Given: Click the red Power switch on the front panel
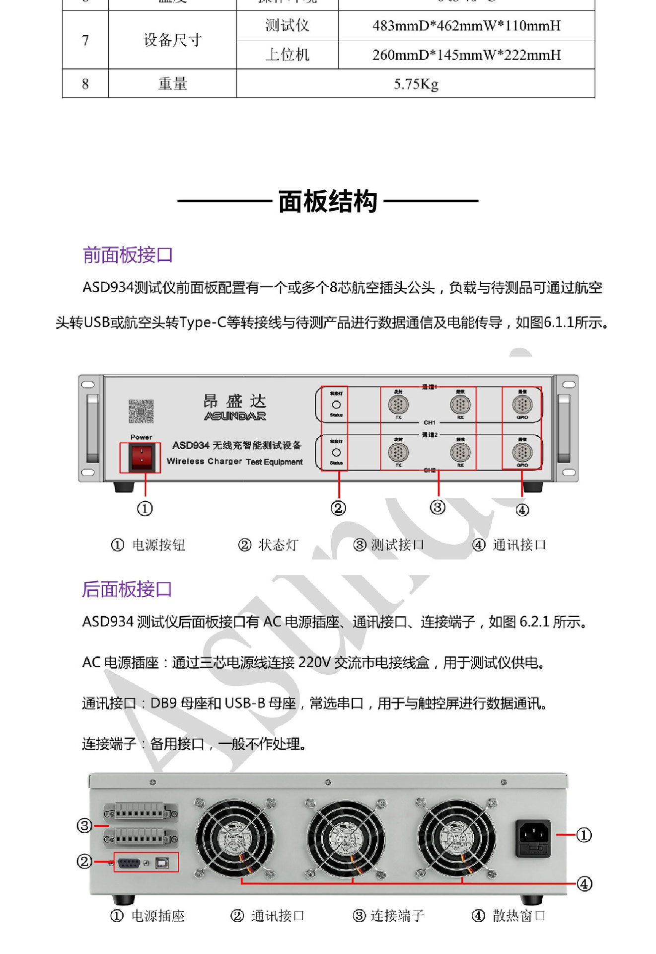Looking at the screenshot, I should [141, 457].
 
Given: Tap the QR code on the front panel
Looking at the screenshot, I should [141, 411].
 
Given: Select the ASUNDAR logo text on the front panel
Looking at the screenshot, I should [235, 416].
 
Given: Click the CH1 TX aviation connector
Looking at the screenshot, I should [398, 405].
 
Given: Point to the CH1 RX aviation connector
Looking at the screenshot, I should [460, 405].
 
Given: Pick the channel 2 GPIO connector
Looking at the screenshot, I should [522, 453].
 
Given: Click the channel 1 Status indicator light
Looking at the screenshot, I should [336, 405].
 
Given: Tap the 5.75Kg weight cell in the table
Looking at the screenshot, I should [416, 84].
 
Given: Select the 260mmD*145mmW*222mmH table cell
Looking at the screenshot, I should [466, 55].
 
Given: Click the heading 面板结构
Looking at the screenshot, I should [328, 201].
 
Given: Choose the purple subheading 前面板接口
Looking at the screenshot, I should [128, 255].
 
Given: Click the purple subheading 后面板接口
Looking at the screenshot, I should [127, 589].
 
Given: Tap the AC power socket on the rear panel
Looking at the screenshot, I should [533, 838].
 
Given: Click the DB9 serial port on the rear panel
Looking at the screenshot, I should [129, 863].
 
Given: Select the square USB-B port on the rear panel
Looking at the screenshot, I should [162, 863].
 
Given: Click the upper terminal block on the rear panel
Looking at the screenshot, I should [141, 813].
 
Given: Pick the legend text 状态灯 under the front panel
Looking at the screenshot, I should [278, 545].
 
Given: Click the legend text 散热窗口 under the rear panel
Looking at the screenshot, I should [519, 916].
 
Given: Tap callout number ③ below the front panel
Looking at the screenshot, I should [437, 507].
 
